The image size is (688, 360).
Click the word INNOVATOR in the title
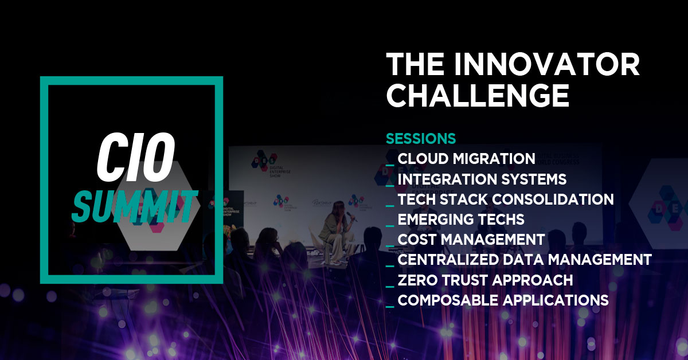(547, 64)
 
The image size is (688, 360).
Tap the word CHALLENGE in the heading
(478, 95)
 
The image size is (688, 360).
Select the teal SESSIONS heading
(421, 139)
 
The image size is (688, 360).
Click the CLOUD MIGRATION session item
(466, 159)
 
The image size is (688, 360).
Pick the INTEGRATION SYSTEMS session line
(482, 179)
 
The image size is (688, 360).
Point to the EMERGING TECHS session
(461, 220)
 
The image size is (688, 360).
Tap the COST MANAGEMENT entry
(471, 239)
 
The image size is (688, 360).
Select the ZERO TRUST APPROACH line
(485, 280)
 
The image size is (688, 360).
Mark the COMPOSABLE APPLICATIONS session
(503, 300)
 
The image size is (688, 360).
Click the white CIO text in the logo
(135, 157)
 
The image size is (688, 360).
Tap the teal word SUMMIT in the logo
(135, 206)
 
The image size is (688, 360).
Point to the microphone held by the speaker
(351, 217)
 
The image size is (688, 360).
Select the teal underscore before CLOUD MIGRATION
(390, 165)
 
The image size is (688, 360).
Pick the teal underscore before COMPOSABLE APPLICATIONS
(390, 307)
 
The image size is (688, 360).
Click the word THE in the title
(415, 64)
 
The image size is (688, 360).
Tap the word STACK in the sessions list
(464, 199)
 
